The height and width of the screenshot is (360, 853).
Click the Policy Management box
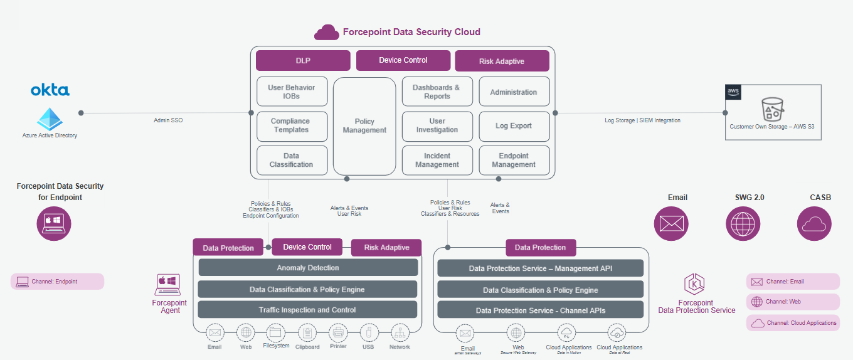[x=364, y=126]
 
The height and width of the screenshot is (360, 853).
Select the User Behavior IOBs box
[x=292, y=92]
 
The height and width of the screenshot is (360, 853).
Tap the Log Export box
[x=514, y=126]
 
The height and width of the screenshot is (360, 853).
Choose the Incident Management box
[x=437, y=160]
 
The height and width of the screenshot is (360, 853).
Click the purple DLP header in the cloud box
[x=303, y=61]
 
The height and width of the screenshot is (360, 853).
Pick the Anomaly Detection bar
[x=308, y=268]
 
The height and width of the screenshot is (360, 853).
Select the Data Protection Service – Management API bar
[x=540, y=268]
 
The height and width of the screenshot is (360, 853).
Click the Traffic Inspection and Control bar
[x=308, y=310]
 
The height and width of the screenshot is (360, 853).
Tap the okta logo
[x=50, y=90]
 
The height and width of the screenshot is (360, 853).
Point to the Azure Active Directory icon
[x=50, y=119]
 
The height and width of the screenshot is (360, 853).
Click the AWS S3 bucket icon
[x=771, y=109]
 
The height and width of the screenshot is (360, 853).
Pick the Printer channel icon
[x=339, y=333]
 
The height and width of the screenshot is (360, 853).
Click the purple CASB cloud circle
[x=814, y=224]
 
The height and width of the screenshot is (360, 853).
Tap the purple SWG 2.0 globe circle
[x=743, y=224]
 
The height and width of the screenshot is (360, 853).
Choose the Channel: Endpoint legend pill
[x=57, y=282]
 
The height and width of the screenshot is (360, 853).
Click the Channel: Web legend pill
[x=793, y=302]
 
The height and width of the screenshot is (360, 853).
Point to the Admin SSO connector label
[x=168, y=120]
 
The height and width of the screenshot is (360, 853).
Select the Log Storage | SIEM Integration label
[x=642, y=120]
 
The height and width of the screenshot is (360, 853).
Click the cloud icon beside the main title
[x=326, y=32]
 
